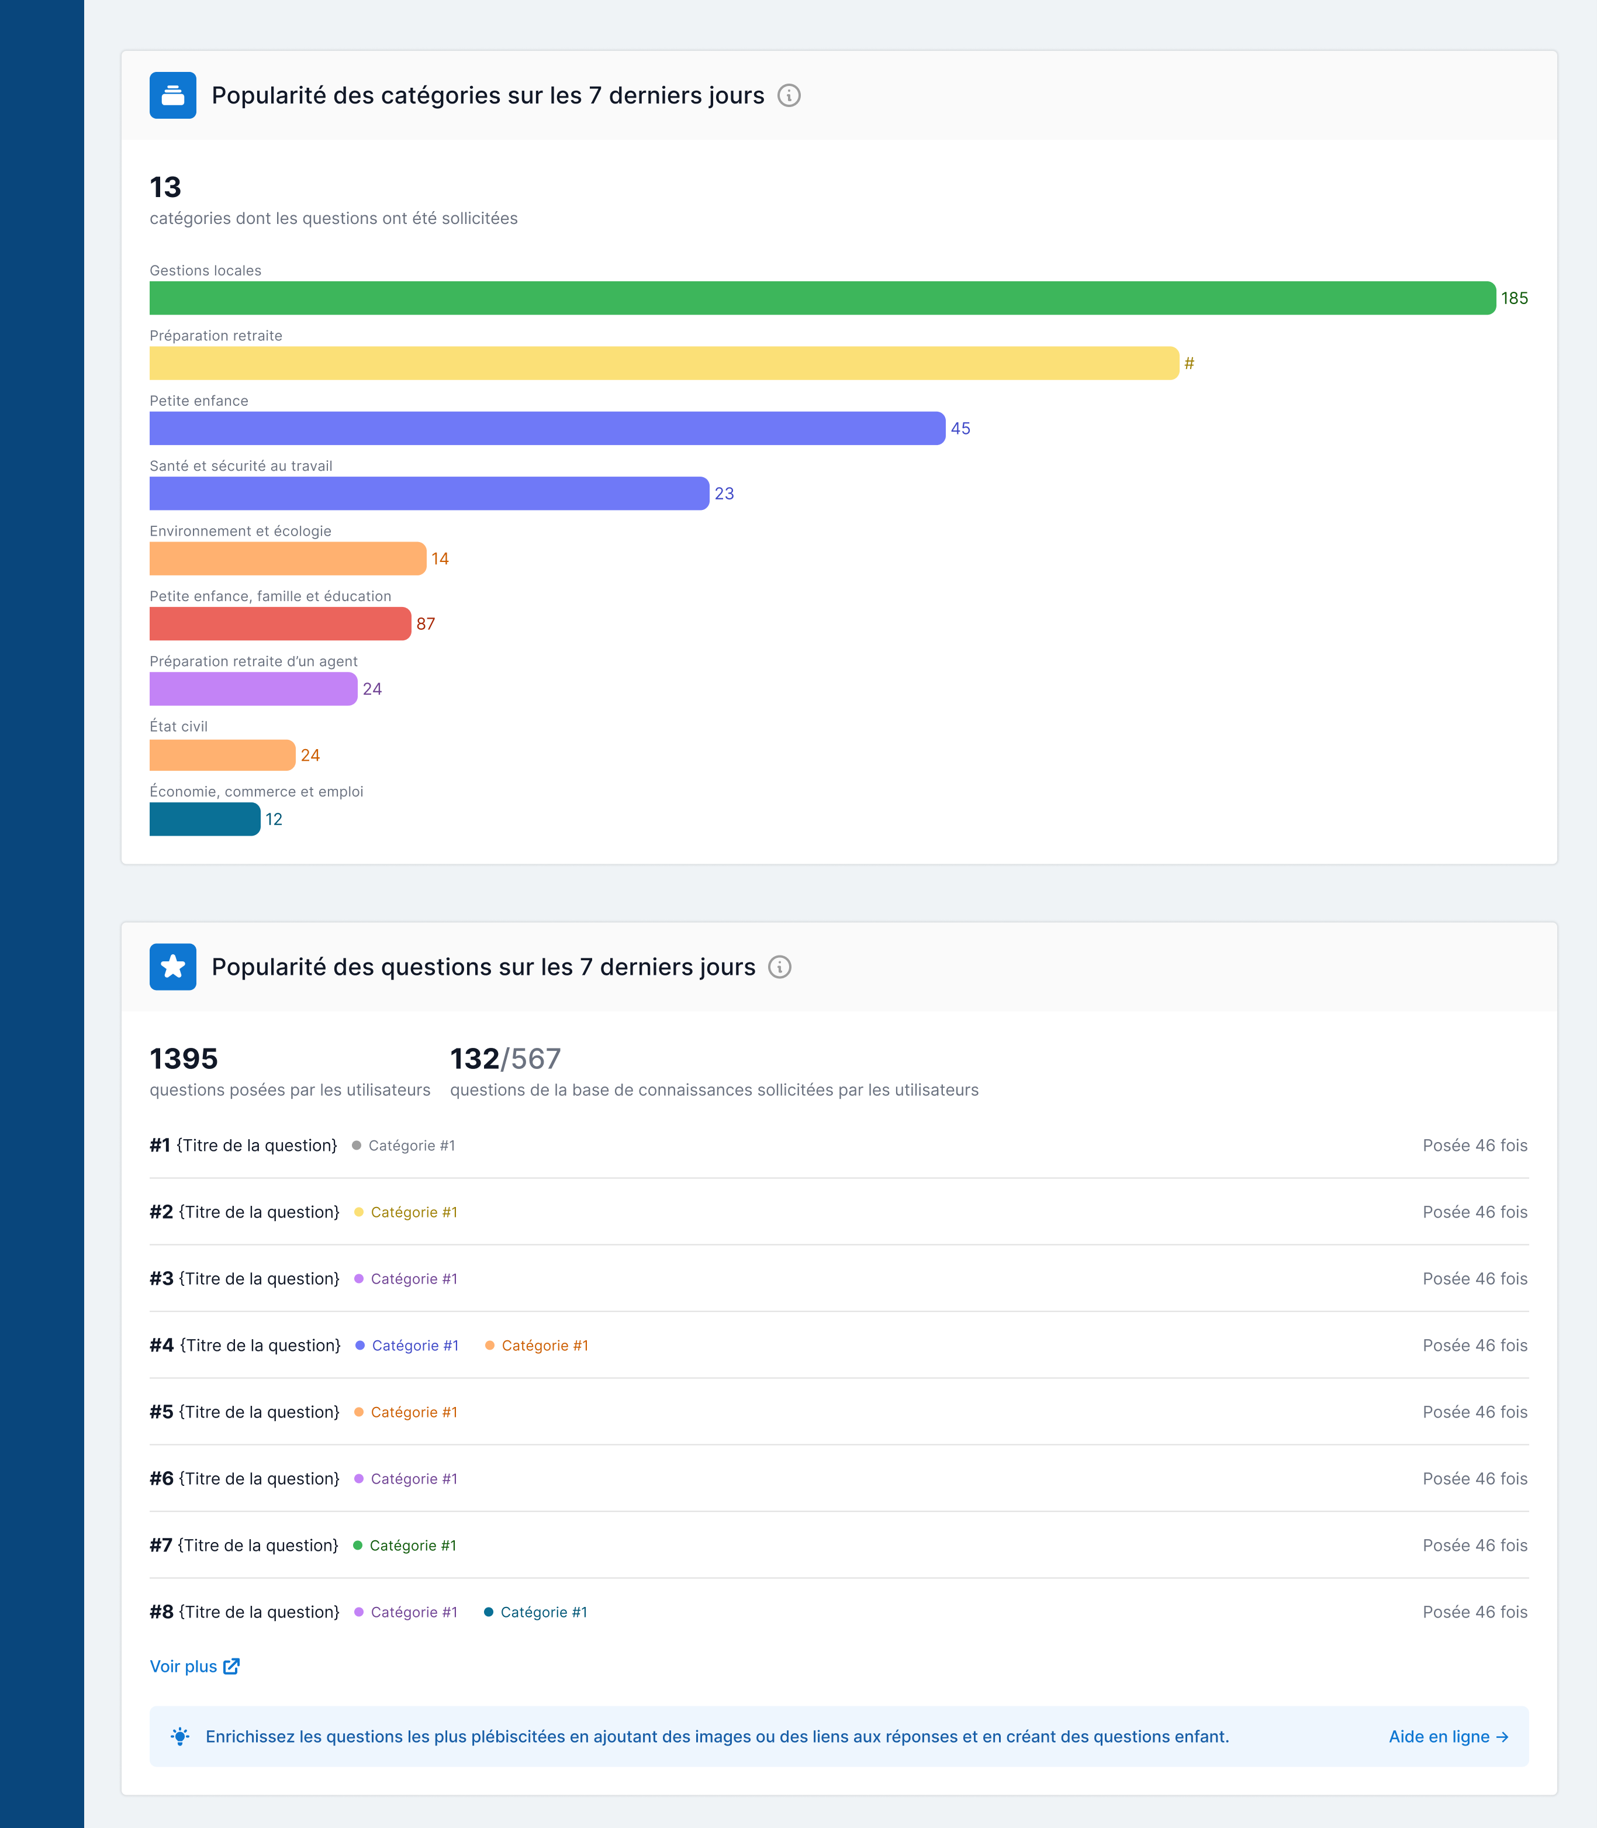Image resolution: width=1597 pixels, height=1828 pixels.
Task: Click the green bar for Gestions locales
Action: pos(822,298)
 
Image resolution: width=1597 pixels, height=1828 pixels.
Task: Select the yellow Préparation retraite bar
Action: pos(664,363)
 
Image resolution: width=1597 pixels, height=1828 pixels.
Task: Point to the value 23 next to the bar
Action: pos(724,494)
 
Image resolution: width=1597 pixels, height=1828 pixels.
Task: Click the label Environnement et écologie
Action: pos(241,531)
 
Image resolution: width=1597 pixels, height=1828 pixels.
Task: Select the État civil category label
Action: pos(178,726)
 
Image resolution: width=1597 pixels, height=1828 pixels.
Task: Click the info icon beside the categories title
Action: pos(789,95)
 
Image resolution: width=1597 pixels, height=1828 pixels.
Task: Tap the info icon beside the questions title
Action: pos(780,967)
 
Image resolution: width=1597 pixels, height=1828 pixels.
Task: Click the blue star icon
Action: pos(173,967)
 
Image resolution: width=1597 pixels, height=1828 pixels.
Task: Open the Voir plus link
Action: pos(194,1667)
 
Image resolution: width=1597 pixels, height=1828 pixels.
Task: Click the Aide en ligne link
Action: pos(1448,1736)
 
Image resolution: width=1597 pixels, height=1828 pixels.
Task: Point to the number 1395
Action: pos(184,1059)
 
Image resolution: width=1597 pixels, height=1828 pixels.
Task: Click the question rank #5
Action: pos(161,1412)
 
